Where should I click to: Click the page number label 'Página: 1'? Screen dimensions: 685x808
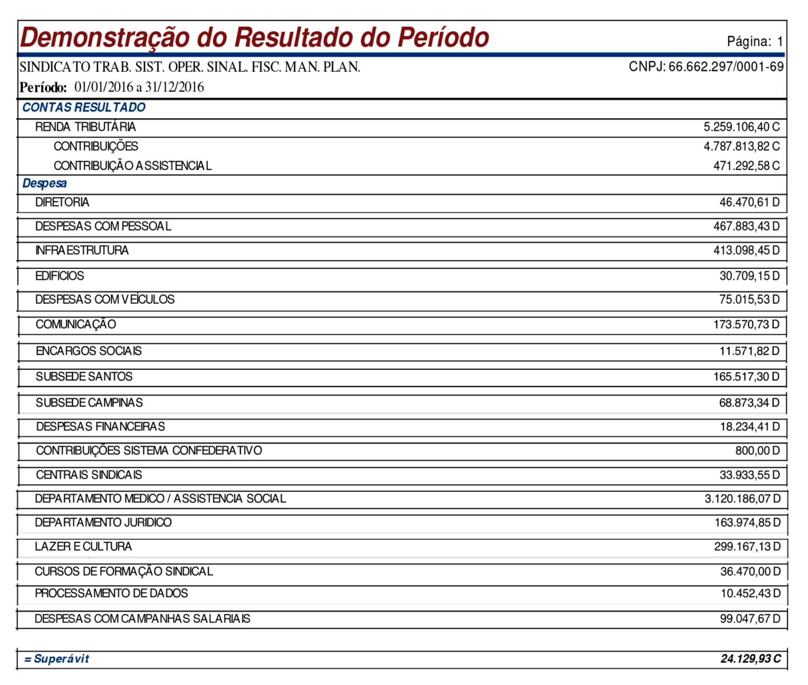point(754,41)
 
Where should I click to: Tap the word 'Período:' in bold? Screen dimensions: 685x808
point(43,87)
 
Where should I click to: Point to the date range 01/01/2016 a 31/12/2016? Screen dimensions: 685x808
point(139,87)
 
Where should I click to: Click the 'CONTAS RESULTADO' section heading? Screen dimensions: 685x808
point(84,107)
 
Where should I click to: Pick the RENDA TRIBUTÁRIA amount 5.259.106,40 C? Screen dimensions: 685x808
point(741,127)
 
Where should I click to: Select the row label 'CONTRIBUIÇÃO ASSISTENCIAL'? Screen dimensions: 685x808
point(133,166)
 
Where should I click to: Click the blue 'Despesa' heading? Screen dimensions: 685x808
point(45,183)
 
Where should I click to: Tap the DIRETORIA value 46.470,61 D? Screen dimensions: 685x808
point(749,202)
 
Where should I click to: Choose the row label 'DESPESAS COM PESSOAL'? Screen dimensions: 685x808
point(103,226)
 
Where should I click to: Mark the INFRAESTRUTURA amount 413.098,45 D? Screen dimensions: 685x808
point(746,250)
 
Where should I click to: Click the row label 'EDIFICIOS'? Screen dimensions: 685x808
point(60,275)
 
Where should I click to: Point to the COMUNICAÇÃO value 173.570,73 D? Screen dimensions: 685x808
point(746,324)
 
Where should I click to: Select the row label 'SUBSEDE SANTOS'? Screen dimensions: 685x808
point(84,376)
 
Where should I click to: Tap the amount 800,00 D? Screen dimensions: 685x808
point(757,451)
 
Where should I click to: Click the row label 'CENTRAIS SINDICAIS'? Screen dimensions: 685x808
point(89,475)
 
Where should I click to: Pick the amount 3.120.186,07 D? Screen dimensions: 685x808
point(742,499)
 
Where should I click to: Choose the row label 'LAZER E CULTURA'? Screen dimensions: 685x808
point(83,547)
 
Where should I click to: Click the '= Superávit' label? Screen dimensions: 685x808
point(57,659)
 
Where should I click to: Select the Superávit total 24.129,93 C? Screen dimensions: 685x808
point(750,659)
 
